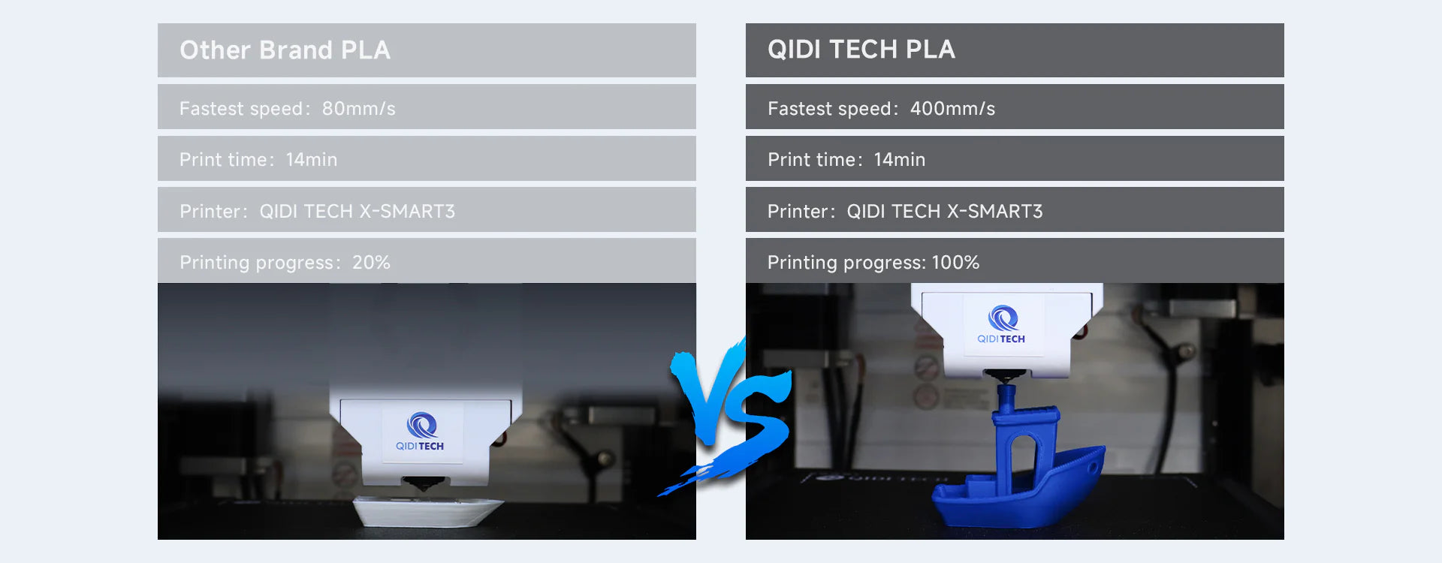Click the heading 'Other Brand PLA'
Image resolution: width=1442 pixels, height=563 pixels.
click(x=285, y=50)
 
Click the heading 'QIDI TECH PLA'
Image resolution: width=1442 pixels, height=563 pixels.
click(x=861, y=50)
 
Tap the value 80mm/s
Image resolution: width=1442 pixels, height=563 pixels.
click(x=359, y=109)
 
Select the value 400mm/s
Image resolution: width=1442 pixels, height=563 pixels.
click(x=952, y=109)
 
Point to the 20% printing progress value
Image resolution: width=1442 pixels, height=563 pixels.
click(x=371, y=263)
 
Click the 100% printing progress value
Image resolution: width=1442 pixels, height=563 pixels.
click(x=955, y=263)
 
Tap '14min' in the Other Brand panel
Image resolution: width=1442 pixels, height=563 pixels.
click(x=312, y=160)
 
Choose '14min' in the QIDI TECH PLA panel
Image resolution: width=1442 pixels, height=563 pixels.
click(x=900, y=160)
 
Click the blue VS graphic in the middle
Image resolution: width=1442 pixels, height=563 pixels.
click(x=725, y=417)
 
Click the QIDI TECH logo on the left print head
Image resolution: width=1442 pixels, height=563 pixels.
click(x=421, y=431)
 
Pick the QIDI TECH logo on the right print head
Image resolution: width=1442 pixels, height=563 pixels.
click(x=1001, y=324)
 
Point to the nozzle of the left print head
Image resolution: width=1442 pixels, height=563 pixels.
click(x=423, y=483)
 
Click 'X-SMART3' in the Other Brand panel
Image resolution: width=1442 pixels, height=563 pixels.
click(x=406, y=212)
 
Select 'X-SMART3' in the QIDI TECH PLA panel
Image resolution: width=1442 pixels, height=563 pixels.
click(x=994, y=212)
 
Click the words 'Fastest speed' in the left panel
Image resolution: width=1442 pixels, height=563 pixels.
click(x=241, y=110)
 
